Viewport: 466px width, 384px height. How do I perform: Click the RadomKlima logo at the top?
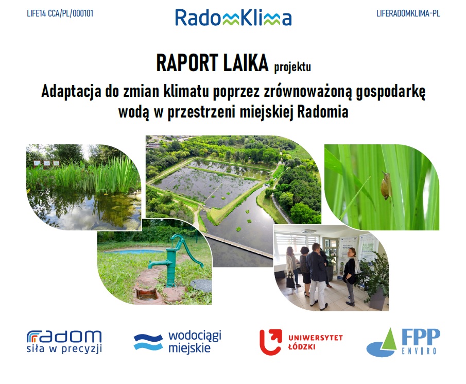pyautogui.click(x=233, y=18)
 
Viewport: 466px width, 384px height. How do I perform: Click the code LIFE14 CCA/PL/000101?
pyautogui.click(x=60, y=13)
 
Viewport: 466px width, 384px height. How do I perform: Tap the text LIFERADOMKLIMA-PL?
pyautogui.click(x=408, y=13)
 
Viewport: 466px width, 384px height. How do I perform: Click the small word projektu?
pyautogui.click(x=292, y=66)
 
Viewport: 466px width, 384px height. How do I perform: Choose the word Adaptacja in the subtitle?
pyautogui.click(x=71, y=91)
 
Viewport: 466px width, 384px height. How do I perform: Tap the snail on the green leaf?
pyautogui.click(x=386, y=186)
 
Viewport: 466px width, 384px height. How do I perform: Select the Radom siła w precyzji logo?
pyautogui.click(x=64, y=341)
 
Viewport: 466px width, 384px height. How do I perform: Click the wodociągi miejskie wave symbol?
pyautogui.click(x=148, y=342)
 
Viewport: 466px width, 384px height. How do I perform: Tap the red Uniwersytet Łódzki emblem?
pyautogui.click(x=271, y=342)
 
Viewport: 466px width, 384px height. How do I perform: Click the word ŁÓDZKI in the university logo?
pyautogui.click(x=302, y=347)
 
